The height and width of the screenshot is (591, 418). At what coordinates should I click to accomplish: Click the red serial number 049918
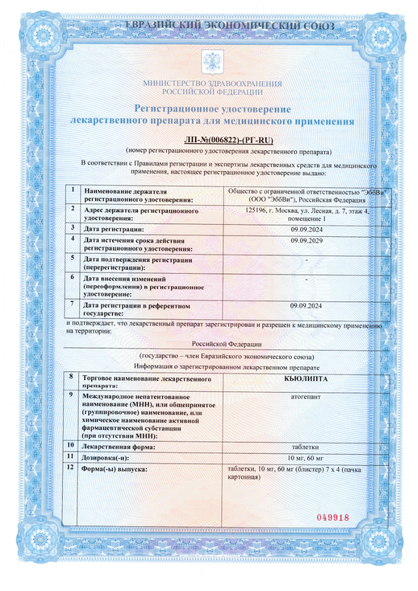[333, 517]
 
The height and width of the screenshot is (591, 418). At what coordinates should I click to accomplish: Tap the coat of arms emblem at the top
[212, 62]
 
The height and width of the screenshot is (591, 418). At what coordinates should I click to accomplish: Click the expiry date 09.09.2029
[306, 241]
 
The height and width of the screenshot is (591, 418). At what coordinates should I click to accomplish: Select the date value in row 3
[306, 229]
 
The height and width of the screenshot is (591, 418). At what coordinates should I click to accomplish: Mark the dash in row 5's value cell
[306, 261]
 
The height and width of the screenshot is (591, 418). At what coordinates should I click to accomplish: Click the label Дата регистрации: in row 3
[114, 229]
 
